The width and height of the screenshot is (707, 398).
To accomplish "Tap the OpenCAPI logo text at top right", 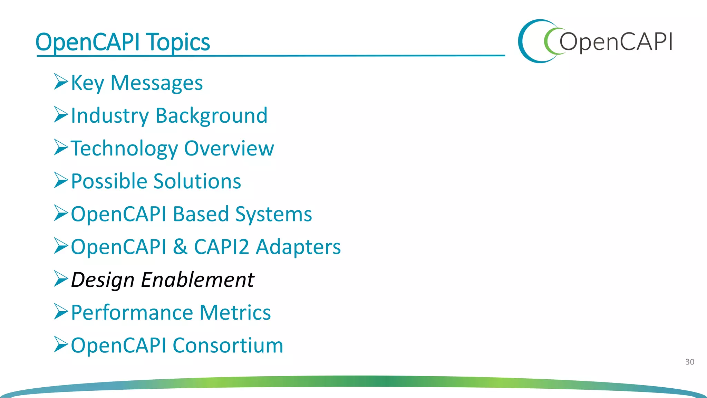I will pos(616,42).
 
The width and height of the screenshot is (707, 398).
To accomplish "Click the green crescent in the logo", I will pos(548,41).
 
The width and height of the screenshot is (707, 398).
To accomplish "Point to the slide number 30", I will pos(689,362).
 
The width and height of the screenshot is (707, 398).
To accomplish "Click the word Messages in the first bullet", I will pos(156,83).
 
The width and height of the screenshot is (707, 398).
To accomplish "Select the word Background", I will pos(211,116).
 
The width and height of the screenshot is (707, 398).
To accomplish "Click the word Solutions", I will pos(197,181).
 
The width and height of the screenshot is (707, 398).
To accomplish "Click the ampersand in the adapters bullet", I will pos(180,247).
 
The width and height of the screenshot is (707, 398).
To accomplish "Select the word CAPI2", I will pos(221,247).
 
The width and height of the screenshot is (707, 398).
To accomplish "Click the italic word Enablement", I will pos(197,279).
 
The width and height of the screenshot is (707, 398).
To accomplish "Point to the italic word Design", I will pos(102,280).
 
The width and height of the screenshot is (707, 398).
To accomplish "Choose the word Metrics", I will pos(235,312).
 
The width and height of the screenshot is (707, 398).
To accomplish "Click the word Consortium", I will pos(228,345).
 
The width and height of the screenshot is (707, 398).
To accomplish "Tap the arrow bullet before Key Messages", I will pos(61,82).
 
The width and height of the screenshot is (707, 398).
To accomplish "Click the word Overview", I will pos(229,149).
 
